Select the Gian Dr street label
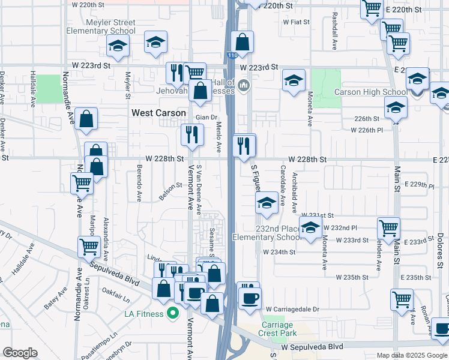205,118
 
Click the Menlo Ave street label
219,137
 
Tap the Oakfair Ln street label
116,297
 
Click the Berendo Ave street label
138,184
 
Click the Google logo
20,353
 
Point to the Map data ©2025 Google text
411,355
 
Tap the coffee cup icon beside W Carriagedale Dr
250,298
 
